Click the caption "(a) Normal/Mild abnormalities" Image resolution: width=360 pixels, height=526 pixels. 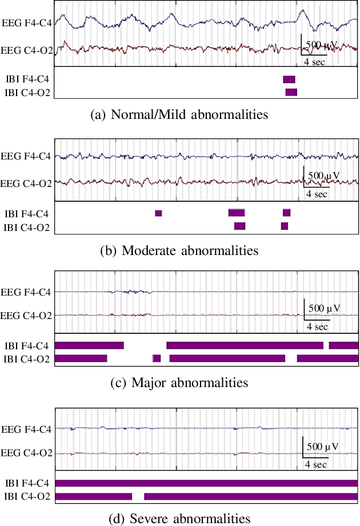pyautogui.click(x=179, y=115)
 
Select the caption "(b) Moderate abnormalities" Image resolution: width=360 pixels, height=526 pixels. pyautogui.click(x=179, y=250)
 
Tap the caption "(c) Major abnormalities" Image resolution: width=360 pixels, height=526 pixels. pyautogui.click(x=179, y=382)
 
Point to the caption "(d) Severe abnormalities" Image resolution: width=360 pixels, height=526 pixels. pyautogui.click(x=179, y=519)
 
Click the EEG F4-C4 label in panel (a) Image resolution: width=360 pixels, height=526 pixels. pyautogui.click(x=26, y=23)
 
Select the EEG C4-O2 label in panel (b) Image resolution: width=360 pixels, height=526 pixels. pyautogui.click(x=26, y=184)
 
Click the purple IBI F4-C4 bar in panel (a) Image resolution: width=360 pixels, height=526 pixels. pyautogui.click(x=290, y=79)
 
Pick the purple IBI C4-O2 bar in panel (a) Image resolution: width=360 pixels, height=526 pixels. pyautogui.click(x=291, y=92)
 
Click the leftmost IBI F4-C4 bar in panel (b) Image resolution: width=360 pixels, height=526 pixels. pyautogui.click(x=158, y=213)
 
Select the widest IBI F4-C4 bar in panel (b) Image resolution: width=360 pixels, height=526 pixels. pyautogui.click(x=237, y=213)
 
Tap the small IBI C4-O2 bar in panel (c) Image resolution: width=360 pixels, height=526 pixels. pyautogui.click(x=157, y=358)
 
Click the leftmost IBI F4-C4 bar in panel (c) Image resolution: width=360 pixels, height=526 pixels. pyautogui.click(x=89, y=345)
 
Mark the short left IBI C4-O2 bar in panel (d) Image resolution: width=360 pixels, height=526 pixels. pyautogui.click(x=93, y=496)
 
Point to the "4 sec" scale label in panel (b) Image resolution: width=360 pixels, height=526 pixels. pyautogui.click(x=316, y=194)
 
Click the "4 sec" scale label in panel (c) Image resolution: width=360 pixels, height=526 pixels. pyautogui.click(x=316, y=326)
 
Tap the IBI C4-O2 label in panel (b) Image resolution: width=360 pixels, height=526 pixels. pyautogui.click(x=27, y=228)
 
